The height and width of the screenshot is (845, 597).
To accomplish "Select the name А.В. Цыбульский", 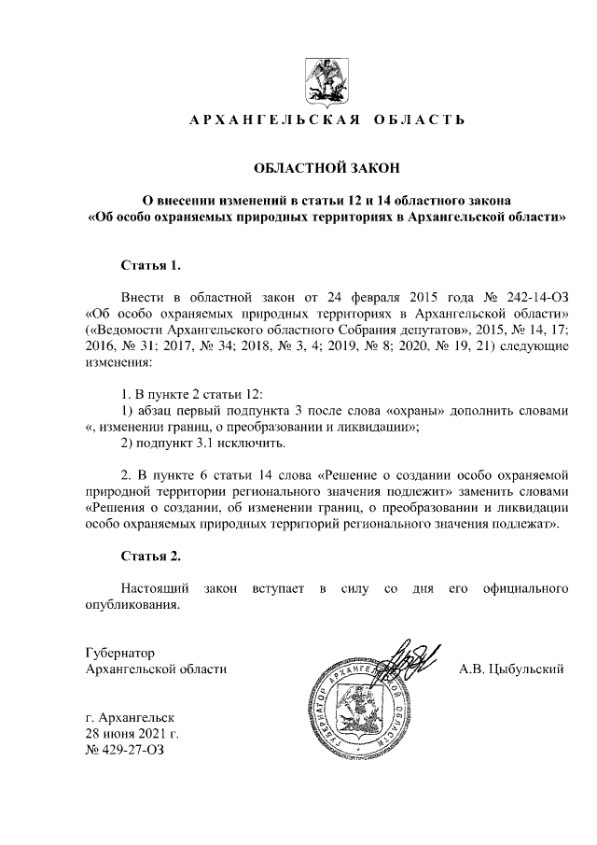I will pyautogui.click(x=512, y=669).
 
